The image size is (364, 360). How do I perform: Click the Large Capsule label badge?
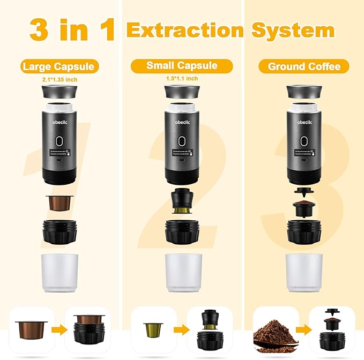coord(60,67)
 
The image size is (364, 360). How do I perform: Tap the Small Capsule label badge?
coord(182,66)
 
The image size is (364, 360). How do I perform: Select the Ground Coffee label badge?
coord(303,67)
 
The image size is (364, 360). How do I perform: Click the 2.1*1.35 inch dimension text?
coord(60,80)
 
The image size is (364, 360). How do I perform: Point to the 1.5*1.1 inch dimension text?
coord(182,79)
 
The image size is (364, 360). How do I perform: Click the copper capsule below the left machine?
coord(60,204)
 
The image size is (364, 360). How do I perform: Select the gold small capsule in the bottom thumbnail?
coord(152,327)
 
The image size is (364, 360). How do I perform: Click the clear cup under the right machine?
coord(303,272)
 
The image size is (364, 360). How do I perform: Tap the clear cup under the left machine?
coord(60,272)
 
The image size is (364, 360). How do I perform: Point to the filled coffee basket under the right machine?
coord(303,208)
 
